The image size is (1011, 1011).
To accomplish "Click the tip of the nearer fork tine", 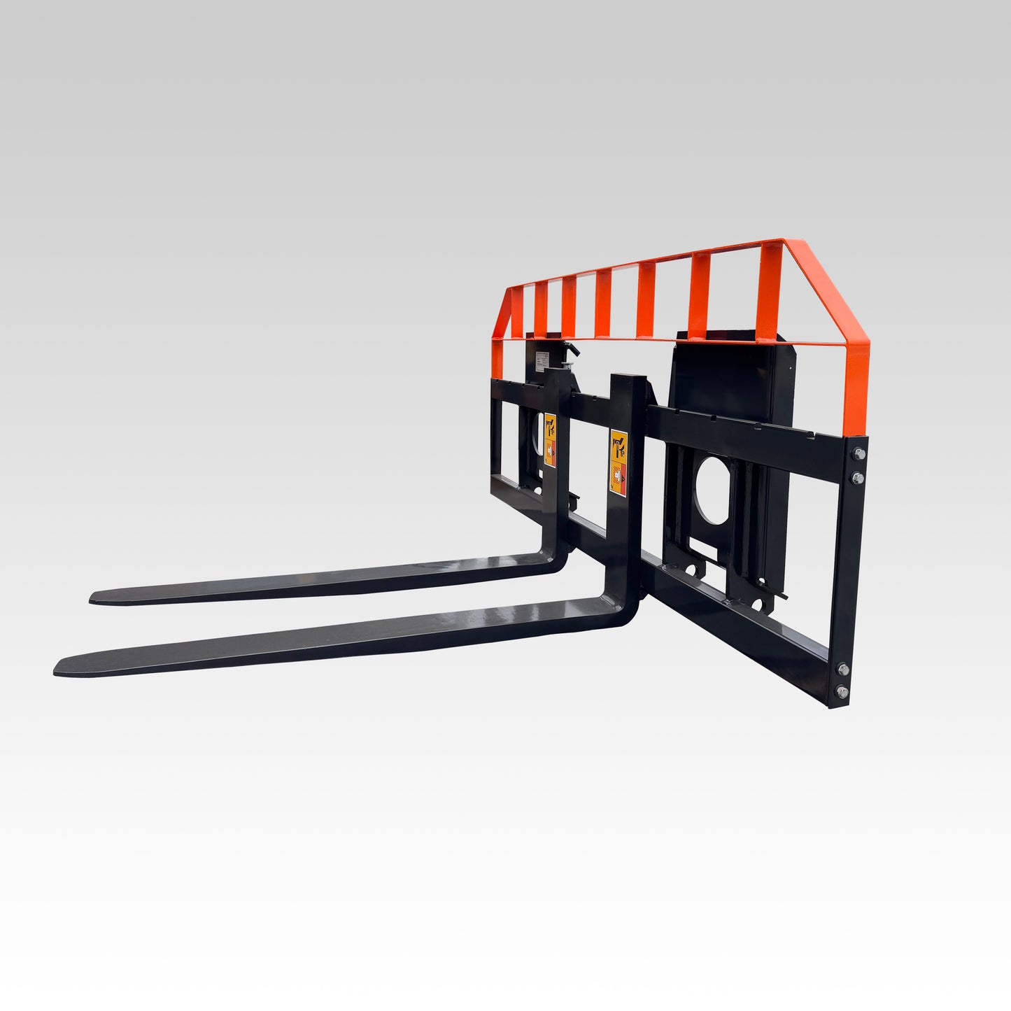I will (x=59, y=667).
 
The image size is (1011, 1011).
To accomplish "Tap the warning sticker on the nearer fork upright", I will (x=618, y=462).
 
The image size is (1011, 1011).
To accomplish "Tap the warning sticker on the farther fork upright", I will (x=550, y=439).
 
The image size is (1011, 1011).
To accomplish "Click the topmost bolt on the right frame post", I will (x=858, y=454).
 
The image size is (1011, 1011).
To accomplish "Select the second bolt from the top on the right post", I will (x=858, y=477).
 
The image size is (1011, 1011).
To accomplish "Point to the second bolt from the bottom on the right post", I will (x=842, y=669).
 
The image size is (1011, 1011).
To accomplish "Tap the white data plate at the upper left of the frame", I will (x=544, y=362).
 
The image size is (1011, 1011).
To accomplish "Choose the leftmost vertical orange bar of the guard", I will (x=516, y=311).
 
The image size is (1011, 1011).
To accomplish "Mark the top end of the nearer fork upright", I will (x=626, y=379).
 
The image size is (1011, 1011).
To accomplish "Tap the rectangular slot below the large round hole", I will (x=707, y=552).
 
